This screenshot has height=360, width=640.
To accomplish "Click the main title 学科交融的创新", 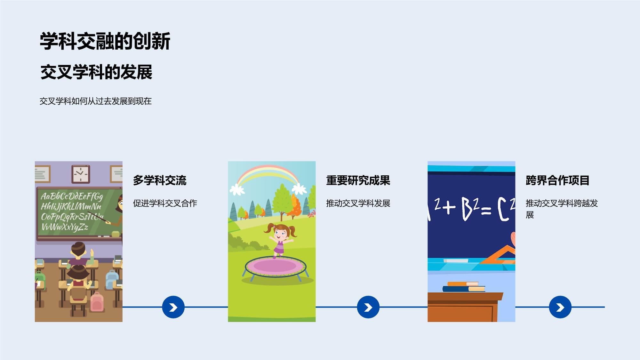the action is tap(105, 41).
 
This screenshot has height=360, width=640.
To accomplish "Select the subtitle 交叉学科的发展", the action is tap(96, 72).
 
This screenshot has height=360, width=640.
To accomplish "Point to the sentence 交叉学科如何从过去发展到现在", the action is tap(95, 101).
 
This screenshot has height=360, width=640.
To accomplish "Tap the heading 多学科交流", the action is tap(160, 180).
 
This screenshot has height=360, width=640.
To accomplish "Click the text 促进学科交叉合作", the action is tap(165, 203).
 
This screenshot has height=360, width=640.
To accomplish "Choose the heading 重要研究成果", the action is tap(358, 180).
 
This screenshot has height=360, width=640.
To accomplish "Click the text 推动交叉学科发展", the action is tap(358, 203).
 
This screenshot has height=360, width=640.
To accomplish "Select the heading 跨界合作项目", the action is tap(557, 180).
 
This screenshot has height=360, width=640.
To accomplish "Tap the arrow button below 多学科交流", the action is tap(173, 307).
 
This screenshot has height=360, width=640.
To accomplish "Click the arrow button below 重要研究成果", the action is tap(368, 307).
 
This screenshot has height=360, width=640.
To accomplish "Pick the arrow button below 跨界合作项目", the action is tap(560, 307).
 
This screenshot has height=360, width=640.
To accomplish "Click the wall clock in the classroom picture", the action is tap(80, 174).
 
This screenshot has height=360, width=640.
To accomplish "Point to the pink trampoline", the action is tap(276, 266).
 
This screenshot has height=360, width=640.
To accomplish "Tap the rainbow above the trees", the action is tap(268, 178).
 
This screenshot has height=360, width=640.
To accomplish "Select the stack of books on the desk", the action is tap(464, 287).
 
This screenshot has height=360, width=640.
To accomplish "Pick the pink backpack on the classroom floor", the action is tap(97, 302).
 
